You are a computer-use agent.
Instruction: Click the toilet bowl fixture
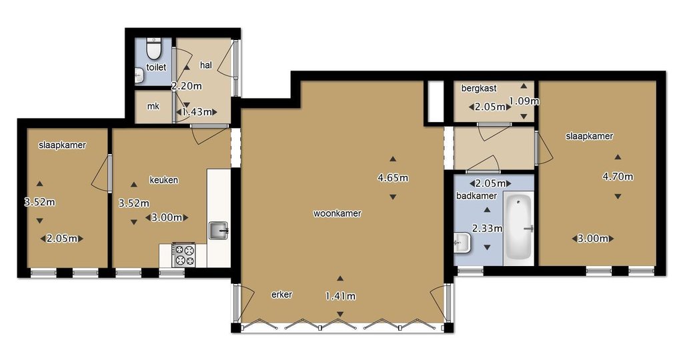click(x=153, y=48)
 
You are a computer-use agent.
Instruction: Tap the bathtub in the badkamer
click(x=518, y=227)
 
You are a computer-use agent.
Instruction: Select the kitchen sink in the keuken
click(x=219, y=230)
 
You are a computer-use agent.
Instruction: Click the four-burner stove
click(x=184, y=255)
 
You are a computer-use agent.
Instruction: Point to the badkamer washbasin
click(x=462, y=243)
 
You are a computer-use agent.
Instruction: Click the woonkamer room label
click(x=337, y=213)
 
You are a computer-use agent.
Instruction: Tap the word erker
click(x=282, y=294)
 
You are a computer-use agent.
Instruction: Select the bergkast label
click(x=479, y=89)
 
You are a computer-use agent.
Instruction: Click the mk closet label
click(x=153, y=106)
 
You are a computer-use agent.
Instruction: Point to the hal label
click(x=205, y=65)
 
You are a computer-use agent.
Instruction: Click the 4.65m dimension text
click(x=392, y=177)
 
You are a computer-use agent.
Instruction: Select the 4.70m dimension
click(x=618, y=176)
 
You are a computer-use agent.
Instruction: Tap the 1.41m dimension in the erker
click(x=340, y=297)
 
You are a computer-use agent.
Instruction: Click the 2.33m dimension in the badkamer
click(x=488, y=228)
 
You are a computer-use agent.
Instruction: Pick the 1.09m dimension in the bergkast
click(x=524, y=101)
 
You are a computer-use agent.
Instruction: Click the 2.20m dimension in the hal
click(x=187, y=86)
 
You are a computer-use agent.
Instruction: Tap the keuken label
click(x=163, y=180)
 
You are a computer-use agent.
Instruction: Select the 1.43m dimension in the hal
click(x=197, y=112)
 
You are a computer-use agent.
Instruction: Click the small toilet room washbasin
click(x=139, y=75)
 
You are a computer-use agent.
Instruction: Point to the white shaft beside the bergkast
click(x=436, y=101)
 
